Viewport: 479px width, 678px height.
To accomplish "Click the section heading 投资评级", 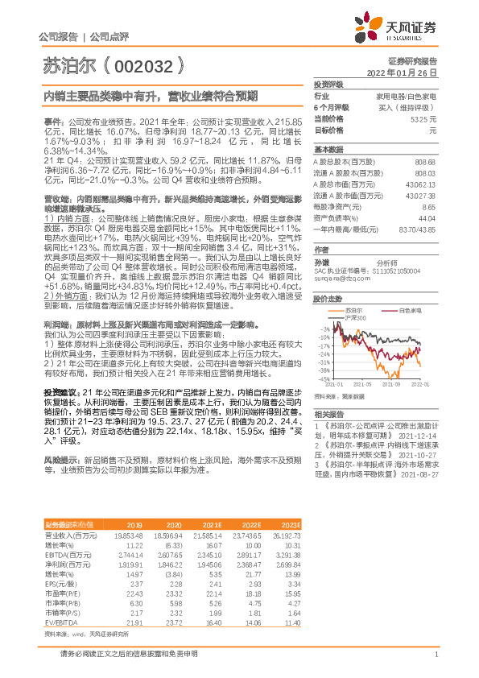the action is (x=328, y=84).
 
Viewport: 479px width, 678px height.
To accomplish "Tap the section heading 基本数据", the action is (x=328, y=150).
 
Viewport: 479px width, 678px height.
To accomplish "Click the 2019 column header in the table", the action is (x=134, y=523).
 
